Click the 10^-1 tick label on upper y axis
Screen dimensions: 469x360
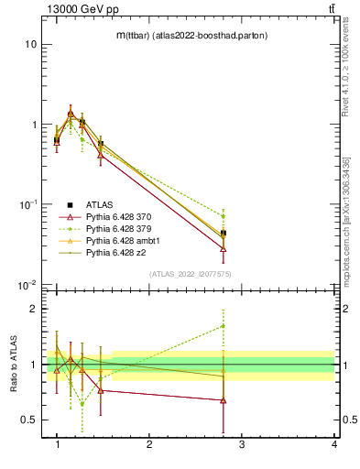(28, 204)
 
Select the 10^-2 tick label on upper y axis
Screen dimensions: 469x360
(28, 285)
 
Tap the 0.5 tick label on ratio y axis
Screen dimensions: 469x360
(27, 420)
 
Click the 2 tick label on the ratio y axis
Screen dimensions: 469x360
(32, 309)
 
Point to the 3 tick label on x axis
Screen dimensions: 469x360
(242, 444)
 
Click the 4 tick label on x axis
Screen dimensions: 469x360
(333, 444)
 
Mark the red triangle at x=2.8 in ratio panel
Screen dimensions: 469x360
(224, 400)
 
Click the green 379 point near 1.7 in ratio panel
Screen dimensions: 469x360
(224, 325)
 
